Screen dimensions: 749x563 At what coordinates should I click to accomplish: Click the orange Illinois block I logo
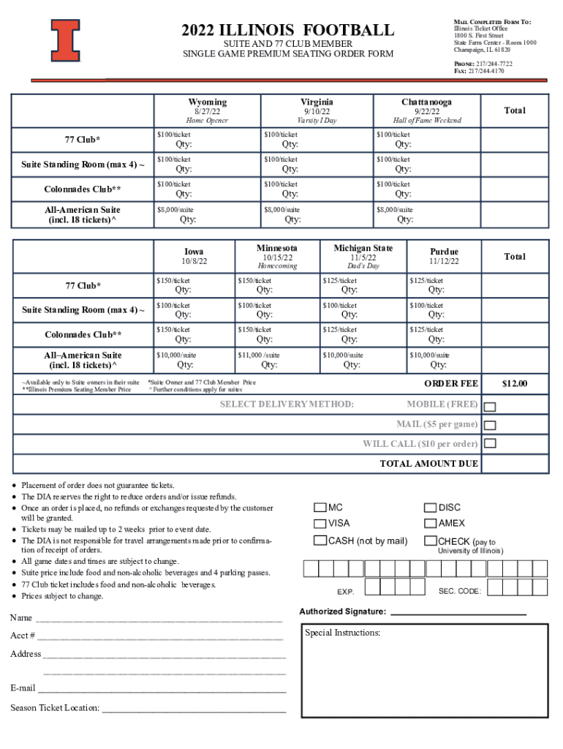[x=65, y=39]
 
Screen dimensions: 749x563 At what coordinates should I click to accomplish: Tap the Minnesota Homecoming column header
[x=277, y=257]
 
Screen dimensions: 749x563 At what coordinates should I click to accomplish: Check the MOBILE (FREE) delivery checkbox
[x=491, y=407]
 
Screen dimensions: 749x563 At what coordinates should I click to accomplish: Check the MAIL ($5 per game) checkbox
[x=491, y=425]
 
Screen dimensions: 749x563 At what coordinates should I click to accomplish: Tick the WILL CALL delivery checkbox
[x=491, y=443]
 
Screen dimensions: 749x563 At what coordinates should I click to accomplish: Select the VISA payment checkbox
[x=320, y=523]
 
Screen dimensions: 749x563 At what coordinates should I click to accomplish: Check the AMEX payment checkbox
[x=431, y=523]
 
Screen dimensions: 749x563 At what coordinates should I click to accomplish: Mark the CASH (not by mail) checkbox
[x=320, y=541]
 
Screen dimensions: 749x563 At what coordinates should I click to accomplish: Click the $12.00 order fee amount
[x=513, y=384]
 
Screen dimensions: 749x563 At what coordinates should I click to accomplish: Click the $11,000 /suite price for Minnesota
[x=259, y=355]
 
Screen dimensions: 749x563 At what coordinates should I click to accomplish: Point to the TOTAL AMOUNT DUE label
[x=428, y=464]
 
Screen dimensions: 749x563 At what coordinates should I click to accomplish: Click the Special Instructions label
[x=342, y=633]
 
